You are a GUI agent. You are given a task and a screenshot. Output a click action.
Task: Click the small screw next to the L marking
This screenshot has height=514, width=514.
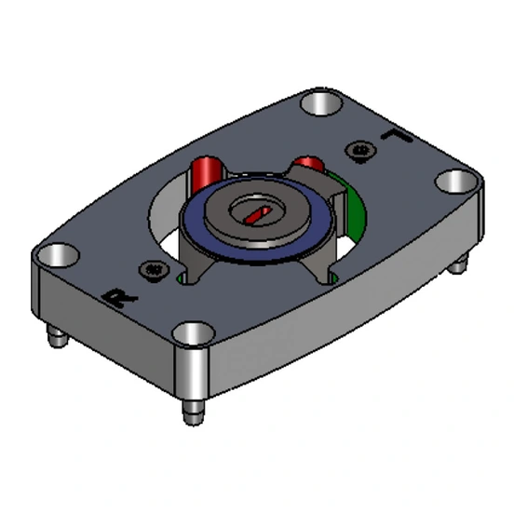(x=360, y=148)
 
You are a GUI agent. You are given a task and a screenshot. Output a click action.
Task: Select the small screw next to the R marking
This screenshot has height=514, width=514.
(x=151, y=270)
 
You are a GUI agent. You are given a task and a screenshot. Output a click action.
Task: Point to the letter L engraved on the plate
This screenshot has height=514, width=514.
(x=397, y=139)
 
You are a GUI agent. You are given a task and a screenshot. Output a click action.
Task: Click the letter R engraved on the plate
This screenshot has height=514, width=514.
(x=116, y=298)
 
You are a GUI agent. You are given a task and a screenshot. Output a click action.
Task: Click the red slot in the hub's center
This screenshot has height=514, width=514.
(x=256, y=214)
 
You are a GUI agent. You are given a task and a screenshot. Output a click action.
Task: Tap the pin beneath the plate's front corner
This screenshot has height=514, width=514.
(x=191, y=411)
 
